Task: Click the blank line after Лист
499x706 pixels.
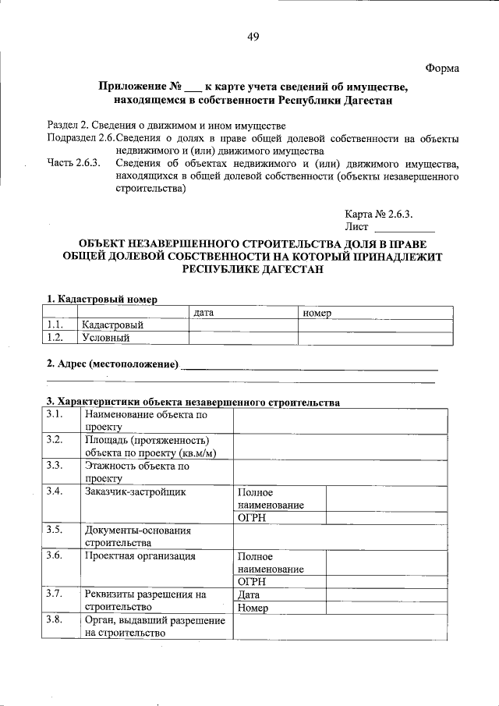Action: point(404,228)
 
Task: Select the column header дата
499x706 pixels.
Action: point(204,312)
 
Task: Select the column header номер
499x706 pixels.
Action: point(317,312)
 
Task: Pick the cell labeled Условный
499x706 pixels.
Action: point(106,338)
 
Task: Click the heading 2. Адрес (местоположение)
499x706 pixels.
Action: point(112,364)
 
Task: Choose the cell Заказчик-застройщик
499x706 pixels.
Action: point(135,492)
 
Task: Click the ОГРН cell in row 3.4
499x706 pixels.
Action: point(252,518)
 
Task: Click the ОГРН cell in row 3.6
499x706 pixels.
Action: point(252,581)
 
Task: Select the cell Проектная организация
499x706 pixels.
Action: point(140,556)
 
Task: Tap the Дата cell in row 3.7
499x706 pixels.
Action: point(251,594)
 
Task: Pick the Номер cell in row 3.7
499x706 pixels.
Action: point(254,607)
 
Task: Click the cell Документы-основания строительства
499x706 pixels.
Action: point(137,536)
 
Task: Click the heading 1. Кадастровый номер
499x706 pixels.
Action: point(101,299)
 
